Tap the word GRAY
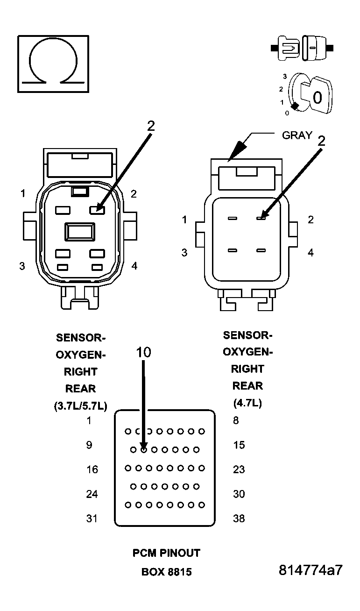coord(297,135)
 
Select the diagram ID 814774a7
coord(311,570)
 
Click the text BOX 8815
coord(167,572)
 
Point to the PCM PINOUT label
coord(167,553)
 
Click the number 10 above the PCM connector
coord(143,352)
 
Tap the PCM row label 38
coord(239,519)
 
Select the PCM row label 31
coord(92,519)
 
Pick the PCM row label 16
coord(92,469)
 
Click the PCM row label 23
coord(239,469)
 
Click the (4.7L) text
coord(247,403)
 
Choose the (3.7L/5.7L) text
coord(81,406)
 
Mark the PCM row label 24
coord(92,494)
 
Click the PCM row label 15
coord(239,445)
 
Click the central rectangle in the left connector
coord(79,231)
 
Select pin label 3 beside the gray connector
coord(184,253)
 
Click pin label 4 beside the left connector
coord(134,266)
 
